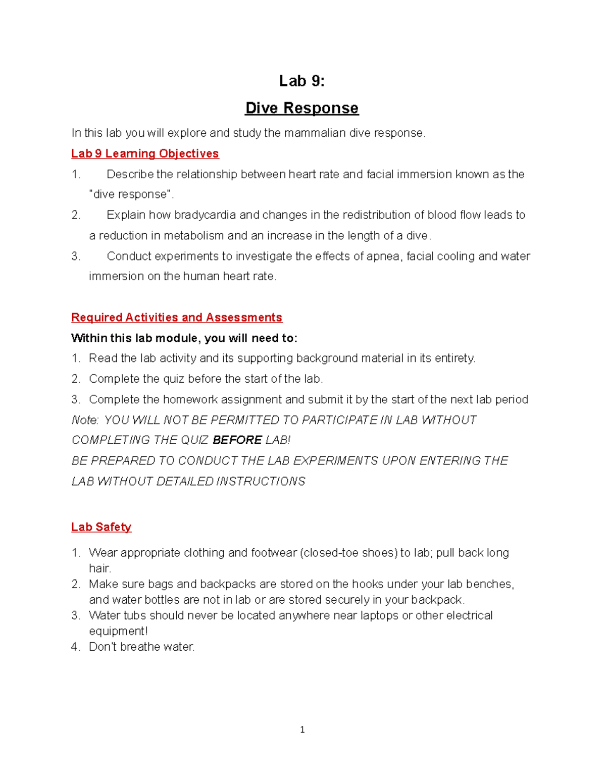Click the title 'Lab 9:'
pyautogui.click(x=301, y=81)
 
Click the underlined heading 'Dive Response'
pyautogui.click(x=301, y=108)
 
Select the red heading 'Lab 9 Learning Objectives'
pyautogui.click(x=145, y=153)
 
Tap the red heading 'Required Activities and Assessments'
pyautogui.click(x=177, y=318)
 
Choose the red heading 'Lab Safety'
pyautogui.click(x=101, y=527)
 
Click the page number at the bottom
pyautogui.click(x=302, y=729)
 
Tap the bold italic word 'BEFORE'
pyautogui.click(x=237, y=440)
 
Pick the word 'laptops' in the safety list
pyautogui.click(x=379, y=616)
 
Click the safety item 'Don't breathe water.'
pyautogui.click(x=141, y=647)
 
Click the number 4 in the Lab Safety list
pyautogui.click(x=75, y=647)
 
